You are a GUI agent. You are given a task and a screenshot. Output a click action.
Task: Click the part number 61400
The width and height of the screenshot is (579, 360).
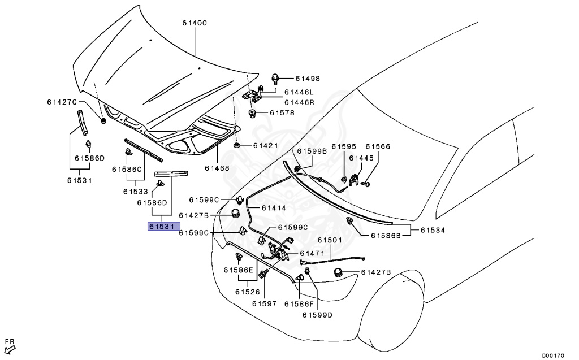tap(195, 23)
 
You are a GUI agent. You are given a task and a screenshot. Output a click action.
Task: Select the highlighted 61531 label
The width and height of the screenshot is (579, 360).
tap(163, 227)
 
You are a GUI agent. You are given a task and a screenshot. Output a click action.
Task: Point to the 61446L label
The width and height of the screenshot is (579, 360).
tap(299, 92)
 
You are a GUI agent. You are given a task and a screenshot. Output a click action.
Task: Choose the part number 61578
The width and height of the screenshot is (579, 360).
tap(282, 113)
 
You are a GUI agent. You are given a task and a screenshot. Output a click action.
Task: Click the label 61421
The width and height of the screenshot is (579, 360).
tap(266, 146)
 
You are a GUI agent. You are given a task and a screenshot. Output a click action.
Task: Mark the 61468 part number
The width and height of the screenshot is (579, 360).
tap(217, 168)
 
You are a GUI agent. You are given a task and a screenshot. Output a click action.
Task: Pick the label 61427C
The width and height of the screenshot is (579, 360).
tap(61, 102)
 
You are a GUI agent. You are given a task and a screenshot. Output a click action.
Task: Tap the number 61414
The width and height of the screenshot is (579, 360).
tap(273, 209)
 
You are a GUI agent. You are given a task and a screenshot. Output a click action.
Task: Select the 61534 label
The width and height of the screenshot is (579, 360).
tap(432, 230)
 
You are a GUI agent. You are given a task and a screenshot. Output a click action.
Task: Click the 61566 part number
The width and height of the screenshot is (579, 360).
tap(378, 146)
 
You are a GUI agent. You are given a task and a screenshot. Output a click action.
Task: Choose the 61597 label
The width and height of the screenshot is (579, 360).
tap(264, 303)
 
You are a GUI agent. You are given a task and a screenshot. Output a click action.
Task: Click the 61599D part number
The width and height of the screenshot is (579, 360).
tap(317, 315)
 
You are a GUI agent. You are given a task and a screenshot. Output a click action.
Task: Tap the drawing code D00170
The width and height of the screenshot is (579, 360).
tap(553, 355)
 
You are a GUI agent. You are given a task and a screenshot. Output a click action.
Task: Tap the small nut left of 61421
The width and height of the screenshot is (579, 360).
tap(237, 145)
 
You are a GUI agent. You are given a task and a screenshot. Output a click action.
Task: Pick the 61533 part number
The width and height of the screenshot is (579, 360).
tap(136, 192)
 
